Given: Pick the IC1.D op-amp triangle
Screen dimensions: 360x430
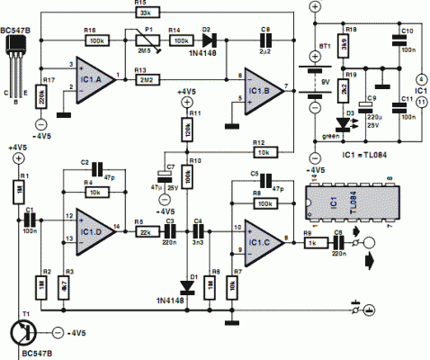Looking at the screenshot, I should coord(94,226).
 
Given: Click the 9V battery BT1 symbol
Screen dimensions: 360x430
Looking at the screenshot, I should coord(315,68).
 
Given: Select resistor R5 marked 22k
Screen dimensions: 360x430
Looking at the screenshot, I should coord(144,230).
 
